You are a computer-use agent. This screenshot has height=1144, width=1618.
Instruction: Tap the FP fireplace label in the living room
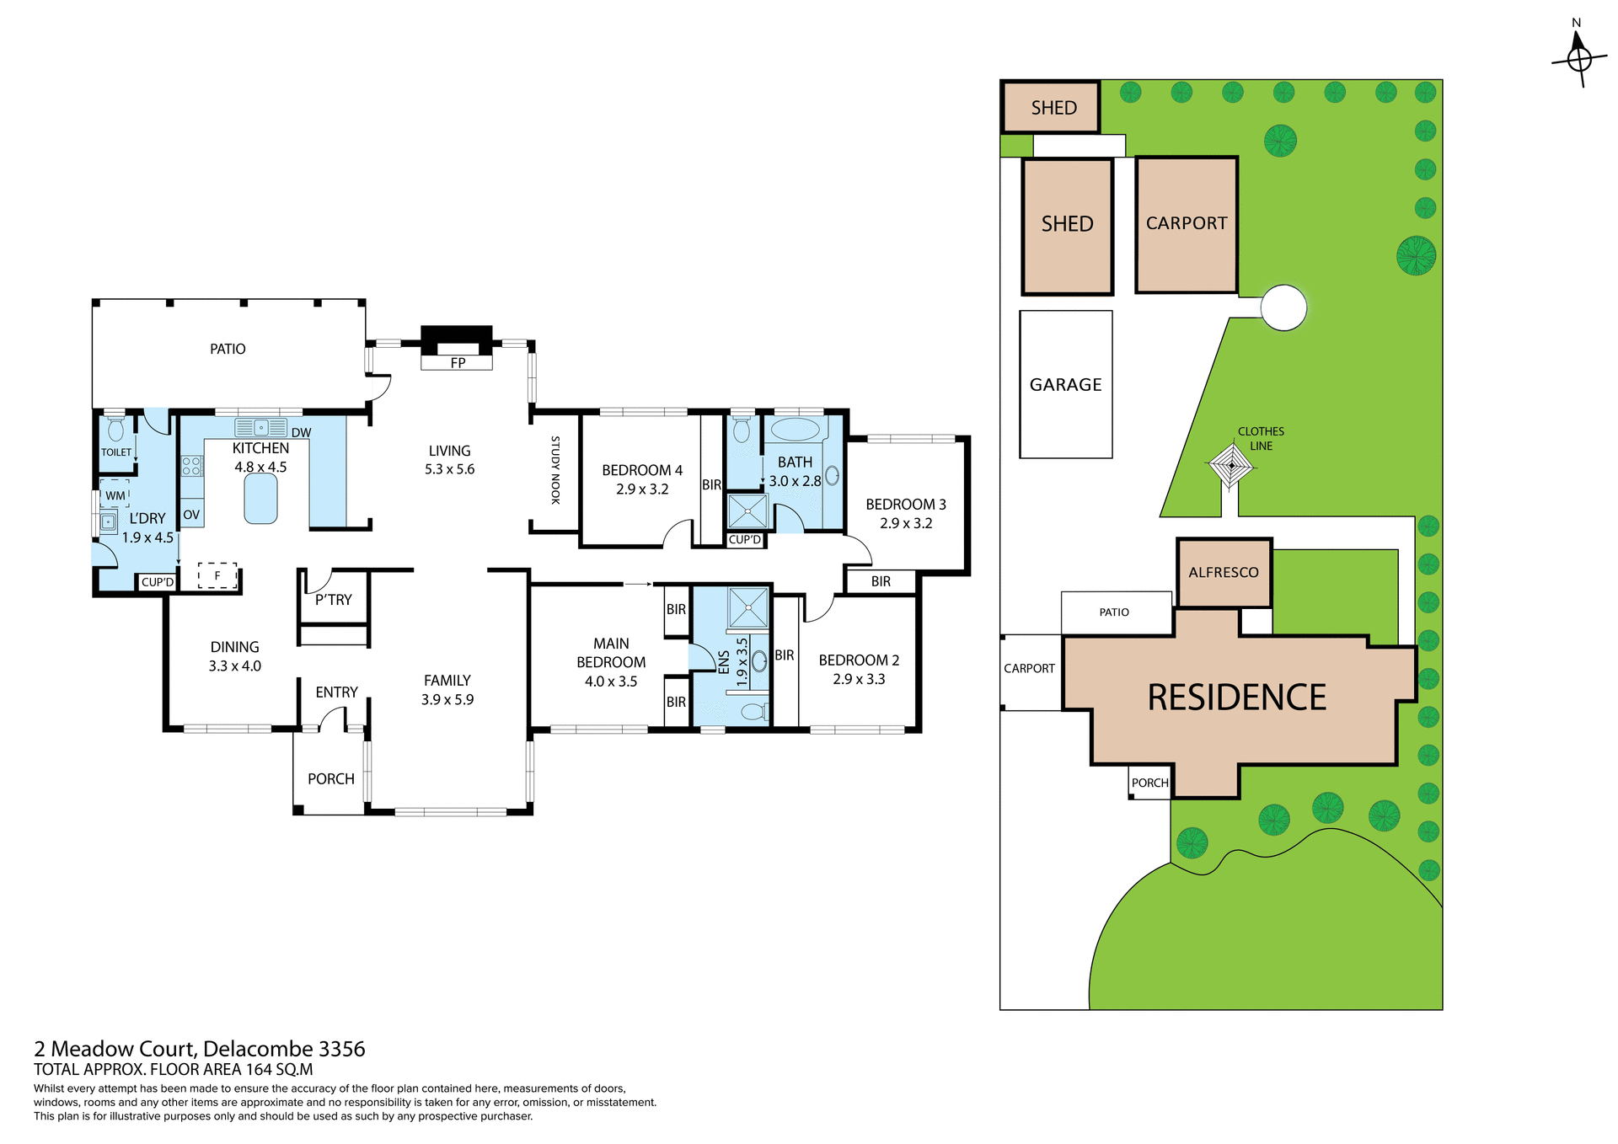[x=458, y=363]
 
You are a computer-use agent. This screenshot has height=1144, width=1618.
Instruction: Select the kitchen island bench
[x=261, y=499]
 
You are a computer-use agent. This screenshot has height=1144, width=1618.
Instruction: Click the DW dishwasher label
[x=301, y=433]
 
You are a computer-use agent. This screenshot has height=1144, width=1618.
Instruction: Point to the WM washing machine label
[x=115, y=496]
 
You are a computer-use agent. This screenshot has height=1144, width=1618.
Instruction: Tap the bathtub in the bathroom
[x=795, y=430]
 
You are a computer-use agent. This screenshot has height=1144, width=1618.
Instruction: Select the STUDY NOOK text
[x=555, y=470]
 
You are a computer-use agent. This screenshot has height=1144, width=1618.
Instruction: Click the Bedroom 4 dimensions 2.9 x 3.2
[x=642, y=489]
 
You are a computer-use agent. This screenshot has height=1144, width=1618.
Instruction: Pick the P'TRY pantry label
[x=334, y=600]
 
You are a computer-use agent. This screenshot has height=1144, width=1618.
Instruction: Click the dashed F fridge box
[x=217, y=575]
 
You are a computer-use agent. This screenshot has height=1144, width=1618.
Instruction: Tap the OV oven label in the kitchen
[x=191, y=515]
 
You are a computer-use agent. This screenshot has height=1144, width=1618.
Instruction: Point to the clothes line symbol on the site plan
[x=1231, y=466]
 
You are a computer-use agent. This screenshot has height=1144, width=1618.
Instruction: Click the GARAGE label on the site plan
[x=1065, y=385]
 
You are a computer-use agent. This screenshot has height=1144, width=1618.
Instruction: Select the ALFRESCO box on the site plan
[x=1224, y=573]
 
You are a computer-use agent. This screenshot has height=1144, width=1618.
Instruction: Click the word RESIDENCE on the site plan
[x=1236, y=698]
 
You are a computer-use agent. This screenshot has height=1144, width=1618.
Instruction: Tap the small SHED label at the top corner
[x=1053, y=108]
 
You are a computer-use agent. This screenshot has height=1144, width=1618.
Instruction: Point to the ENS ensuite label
[x=723, y=662]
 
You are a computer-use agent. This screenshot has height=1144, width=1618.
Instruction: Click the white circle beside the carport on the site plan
[x=1283, y=307]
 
